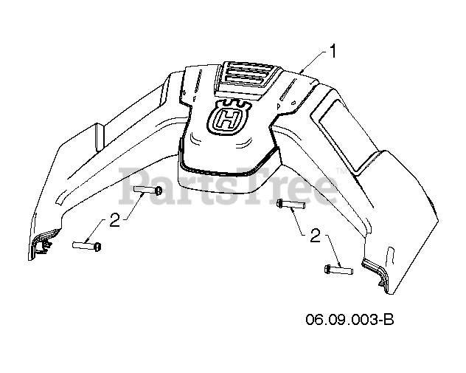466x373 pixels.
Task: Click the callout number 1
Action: coord(335,52)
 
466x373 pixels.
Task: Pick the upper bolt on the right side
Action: coord(288,205)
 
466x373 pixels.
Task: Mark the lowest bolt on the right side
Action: coord(338,270)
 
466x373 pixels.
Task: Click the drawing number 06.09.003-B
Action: coord(350,320)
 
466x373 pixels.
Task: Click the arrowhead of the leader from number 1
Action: coord(302,71)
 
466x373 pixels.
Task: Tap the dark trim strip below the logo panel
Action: coord(229,162)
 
